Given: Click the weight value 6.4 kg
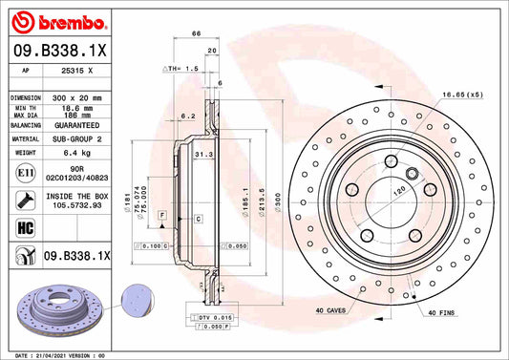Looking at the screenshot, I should (76, 151).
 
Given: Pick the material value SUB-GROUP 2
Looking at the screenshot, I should (76, 138).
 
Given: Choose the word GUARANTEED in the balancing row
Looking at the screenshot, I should (76, 125).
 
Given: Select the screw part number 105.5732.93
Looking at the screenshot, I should (76, 203).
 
